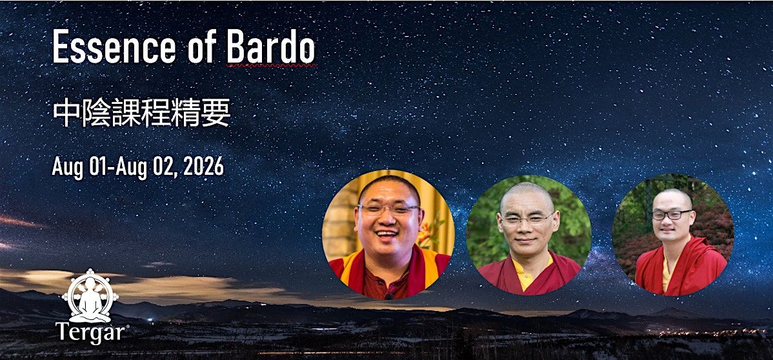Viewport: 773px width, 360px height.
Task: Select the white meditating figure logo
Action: [90, 295]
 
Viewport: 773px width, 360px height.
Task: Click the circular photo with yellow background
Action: [388, 235]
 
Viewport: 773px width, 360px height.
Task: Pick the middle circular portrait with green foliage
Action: [529, 235]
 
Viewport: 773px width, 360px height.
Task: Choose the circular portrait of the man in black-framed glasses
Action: [673, 235]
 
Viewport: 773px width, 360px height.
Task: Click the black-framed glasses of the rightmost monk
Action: [672, 215]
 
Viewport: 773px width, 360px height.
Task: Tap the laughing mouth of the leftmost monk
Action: [387, 234]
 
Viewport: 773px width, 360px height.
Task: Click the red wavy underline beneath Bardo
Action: [272, 65]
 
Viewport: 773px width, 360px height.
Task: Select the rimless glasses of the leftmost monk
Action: [389, 210]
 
